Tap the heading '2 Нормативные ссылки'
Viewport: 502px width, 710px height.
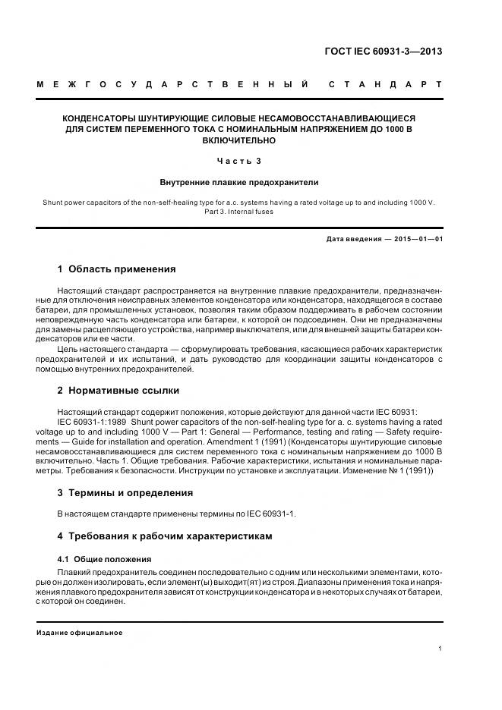tap(118, 390)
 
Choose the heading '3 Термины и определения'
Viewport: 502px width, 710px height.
tap(125, 492)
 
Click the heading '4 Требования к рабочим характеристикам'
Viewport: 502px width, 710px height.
tap(165, 536)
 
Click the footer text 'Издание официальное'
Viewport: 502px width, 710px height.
tap(80, 632)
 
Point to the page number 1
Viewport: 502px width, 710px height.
tap(440, 649)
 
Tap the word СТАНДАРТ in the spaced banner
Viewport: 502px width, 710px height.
tap(385, 83)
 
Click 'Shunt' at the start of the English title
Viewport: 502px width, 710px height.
tap(55, 203)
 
